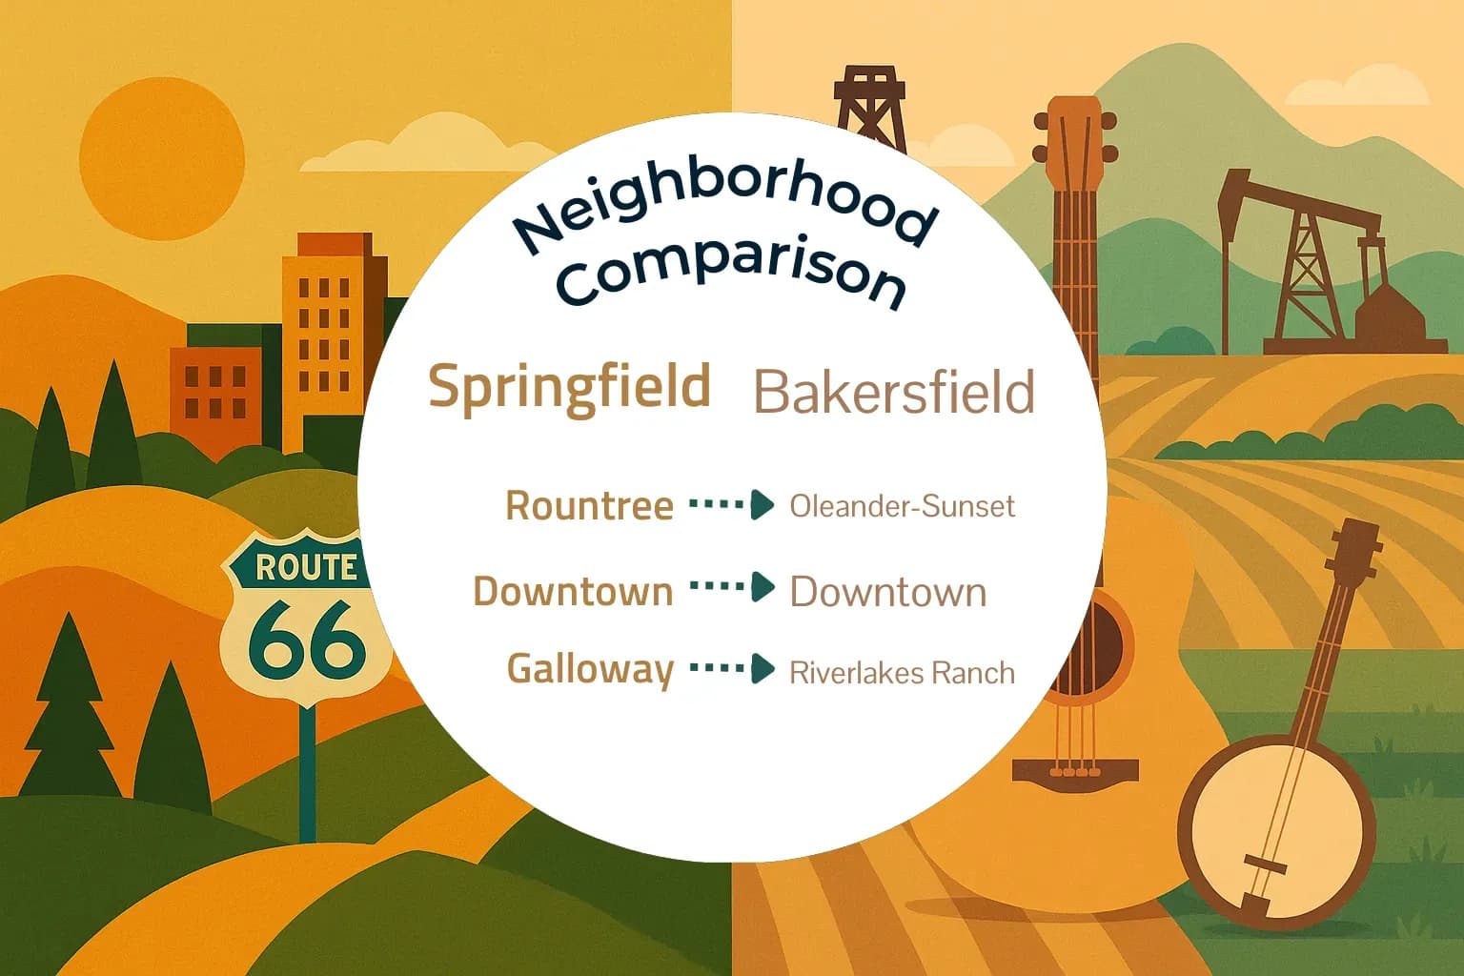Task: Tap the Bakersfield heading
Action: point(893,392)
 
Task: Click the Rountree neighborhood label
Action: point(589,506)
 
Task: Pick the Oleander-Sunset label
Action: point(902,506)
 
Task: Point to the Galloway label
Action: point(590,669)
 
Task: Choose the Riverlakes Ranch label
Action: point(902,674)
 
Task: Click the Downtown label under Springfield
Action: point(573,592)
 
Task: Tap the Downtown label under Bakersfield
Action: point(887,593)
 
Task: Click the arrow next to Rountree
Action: point(731,505)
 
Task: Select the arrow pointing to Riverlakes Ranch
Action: point(731,669)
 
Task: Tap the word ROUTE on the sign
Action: point(306,568)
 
